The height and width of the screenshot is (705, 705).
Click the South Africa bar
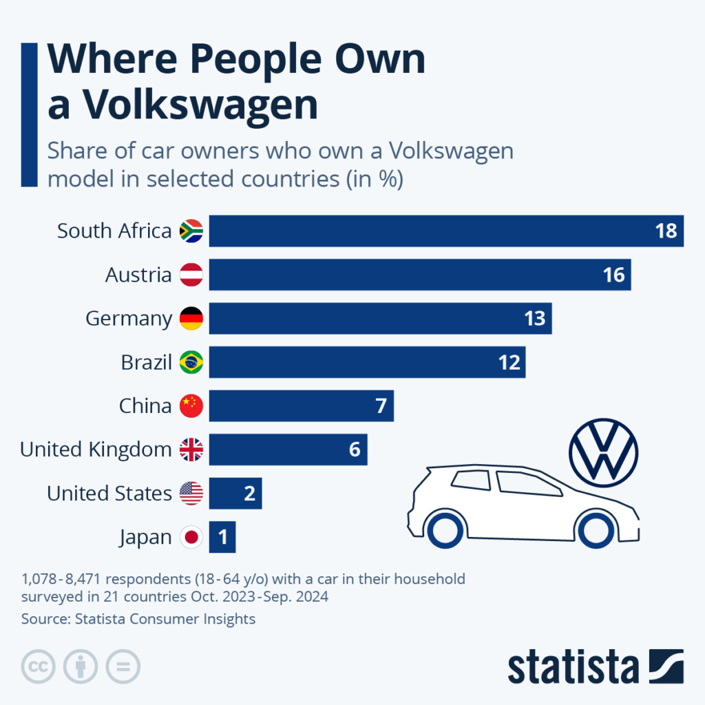446,231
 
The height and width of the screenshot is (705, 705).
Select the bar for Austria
420,275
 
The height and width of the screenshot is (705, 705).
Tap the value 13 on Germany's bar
534,318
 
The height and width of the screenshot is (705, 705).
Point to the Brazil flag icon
191,362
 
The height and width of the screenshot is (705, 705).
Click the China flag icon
191,406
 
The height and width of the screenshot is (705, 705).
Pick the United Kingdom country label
96,450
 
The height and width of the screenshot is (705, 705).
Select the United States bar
235,493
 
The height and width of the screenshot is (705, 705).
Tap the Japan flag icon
191,537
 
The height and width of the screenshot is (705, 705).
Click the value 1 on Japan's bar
223,537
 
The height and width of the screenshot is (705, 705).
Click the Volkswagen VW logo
604,452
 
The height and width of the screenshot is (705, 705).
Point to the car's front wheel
595,529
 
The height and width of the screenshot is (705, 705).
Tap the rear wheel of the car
445,529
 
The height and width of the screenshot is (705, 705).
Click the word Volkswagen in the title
200,104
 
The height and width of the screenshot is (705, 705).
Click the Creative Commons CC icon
39,666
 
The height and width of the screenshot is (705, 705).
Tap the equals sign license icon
123,666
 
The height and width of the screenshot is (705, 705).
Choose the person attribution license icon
81,666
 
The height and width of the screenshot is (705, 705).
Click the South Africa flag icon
191,231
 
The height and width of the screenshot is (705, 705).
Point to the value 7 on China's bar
381,406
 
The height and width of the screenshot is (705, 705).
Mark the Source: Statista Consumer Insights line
138,619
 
